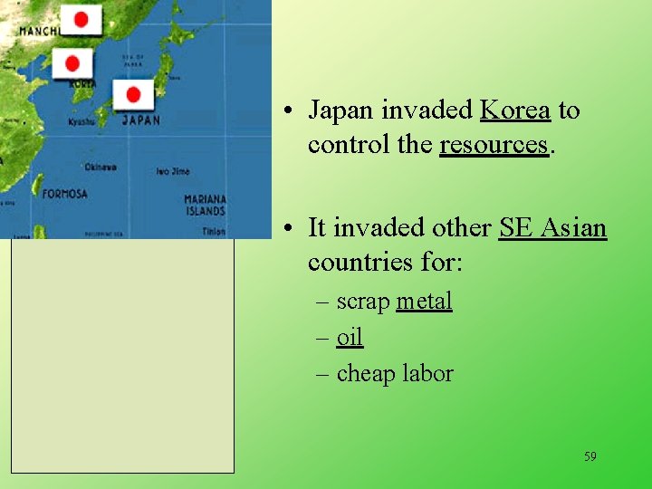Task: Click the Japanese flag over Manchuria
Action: (x=81, y=20)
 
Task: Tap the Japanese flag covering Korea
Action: (x=72, y=64)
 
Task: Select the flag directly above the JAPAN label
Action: (x=133, y=94)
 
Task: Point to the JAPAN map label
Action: (x=140, y=120)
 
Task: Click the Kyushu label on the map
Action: (x=81, y=121)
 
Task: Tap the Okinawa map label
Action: (x=100, y=168)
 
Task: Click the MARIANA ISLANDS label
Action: (x=205, y=205)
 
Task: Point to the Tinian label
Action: (x=214, y=232)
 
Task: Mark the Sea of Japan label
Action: (x=133, y=61)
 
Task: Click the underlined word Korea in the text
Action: (x=514, y=110)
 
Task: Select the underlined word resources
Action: (x=494, y=145)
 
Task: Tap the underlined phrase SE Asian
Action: (x=552, y=227)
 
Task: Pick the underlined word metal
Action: (x=424, y=302)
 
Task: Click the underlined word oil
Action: (x=350, y=338)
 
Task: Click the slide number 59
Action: (x=590, y=456)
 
